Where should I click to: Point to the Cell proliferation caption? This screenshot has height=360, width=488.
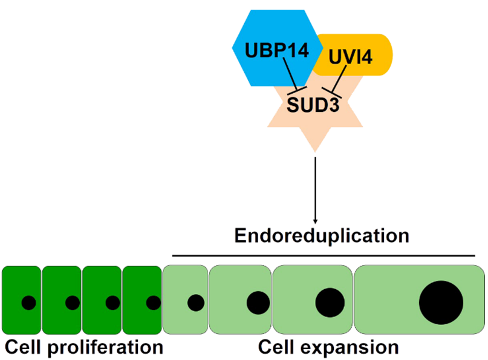click(x=83, y=348)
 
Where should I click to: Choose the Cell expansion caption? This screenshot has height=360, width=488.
click(x=328, y=348)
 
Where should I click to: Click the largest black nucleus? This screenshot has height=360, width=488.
click(x=441, y=301)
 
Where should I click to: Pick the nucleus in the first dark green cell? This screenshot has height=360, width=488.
click(x=28, y=302)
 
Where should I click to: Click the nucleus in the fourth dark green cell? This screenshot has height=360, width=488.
click(x=153, y=302)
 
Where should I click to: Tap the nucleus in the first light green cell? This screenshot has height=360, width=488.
click(x=195, y=301)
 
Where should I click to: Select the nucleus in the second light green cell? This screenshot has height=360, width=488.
click(x=258, y=301)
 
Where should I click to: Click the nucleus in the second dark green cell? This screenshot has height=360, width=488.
click(x=72, y=302)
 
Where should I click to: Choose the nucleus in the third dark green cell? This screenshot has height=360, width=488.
click(x=112, y=302)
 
